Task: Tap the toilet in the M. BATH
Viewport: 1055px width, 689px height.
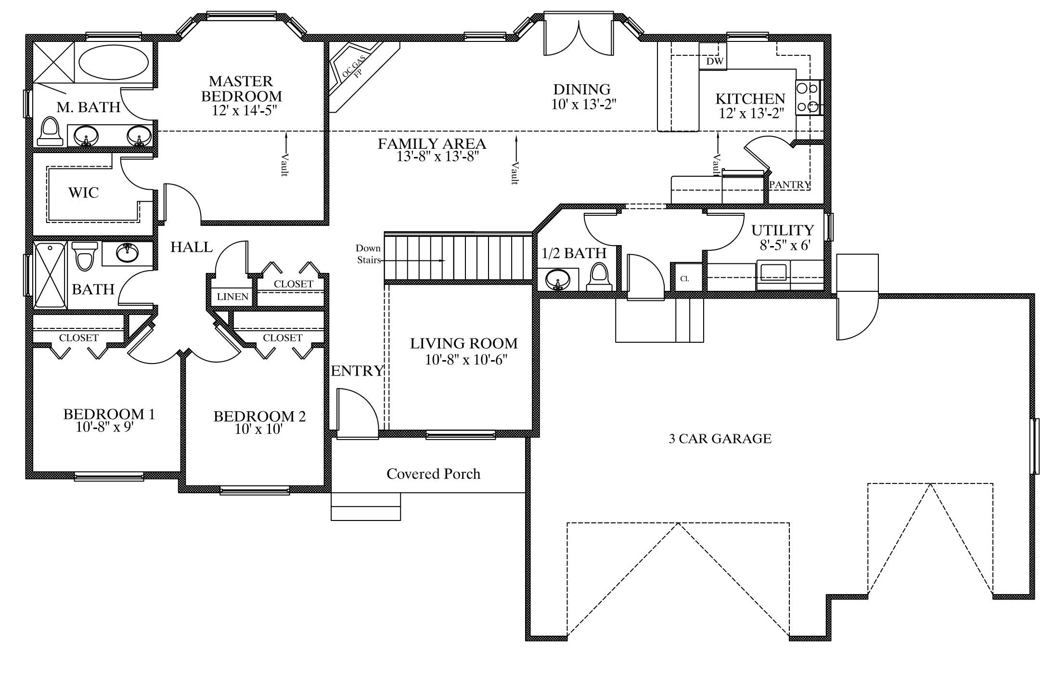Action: (x=51, y=131)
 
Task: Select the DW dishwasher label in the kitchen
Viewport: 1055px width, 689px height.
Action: (x=714, y=62)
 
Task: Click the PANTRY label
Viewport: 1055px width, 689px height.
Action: (x=790, y=184)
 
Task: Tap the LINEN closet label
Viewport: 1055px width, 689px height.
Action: (x=232, y=297)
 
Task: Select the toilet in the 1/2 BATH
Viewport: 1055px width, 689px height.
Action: (x=599, y=277)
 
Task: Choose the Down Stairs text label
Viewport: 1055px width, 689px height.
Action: (x=369, y=254)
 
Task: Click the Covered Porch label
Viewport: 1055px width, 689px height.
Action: (x=433, y=474)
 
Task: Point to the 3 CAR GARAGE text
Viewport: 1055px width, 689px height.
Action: (x=720, y=439)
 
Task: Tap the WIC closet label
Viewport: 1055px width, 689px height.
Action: (x=83, y=193)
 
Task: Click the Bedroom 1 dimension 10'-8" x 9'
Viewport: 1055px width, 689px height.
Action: (x=104, y=427)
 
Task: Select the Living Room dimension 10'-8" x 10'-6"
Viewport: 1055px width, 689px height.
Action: (x=466, y=360)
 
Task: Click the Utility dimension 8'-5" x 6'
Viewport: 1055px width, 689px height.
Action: (x=785, y=245)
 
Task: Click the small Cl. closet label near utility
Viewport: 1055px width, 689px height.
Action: (x=684, y=279)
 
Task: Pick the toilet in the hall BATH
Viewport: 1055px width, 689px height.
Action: (x=85, y=256)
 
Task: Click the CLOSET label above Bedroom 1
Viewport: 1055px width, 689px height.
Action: (x=79, y=338)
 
